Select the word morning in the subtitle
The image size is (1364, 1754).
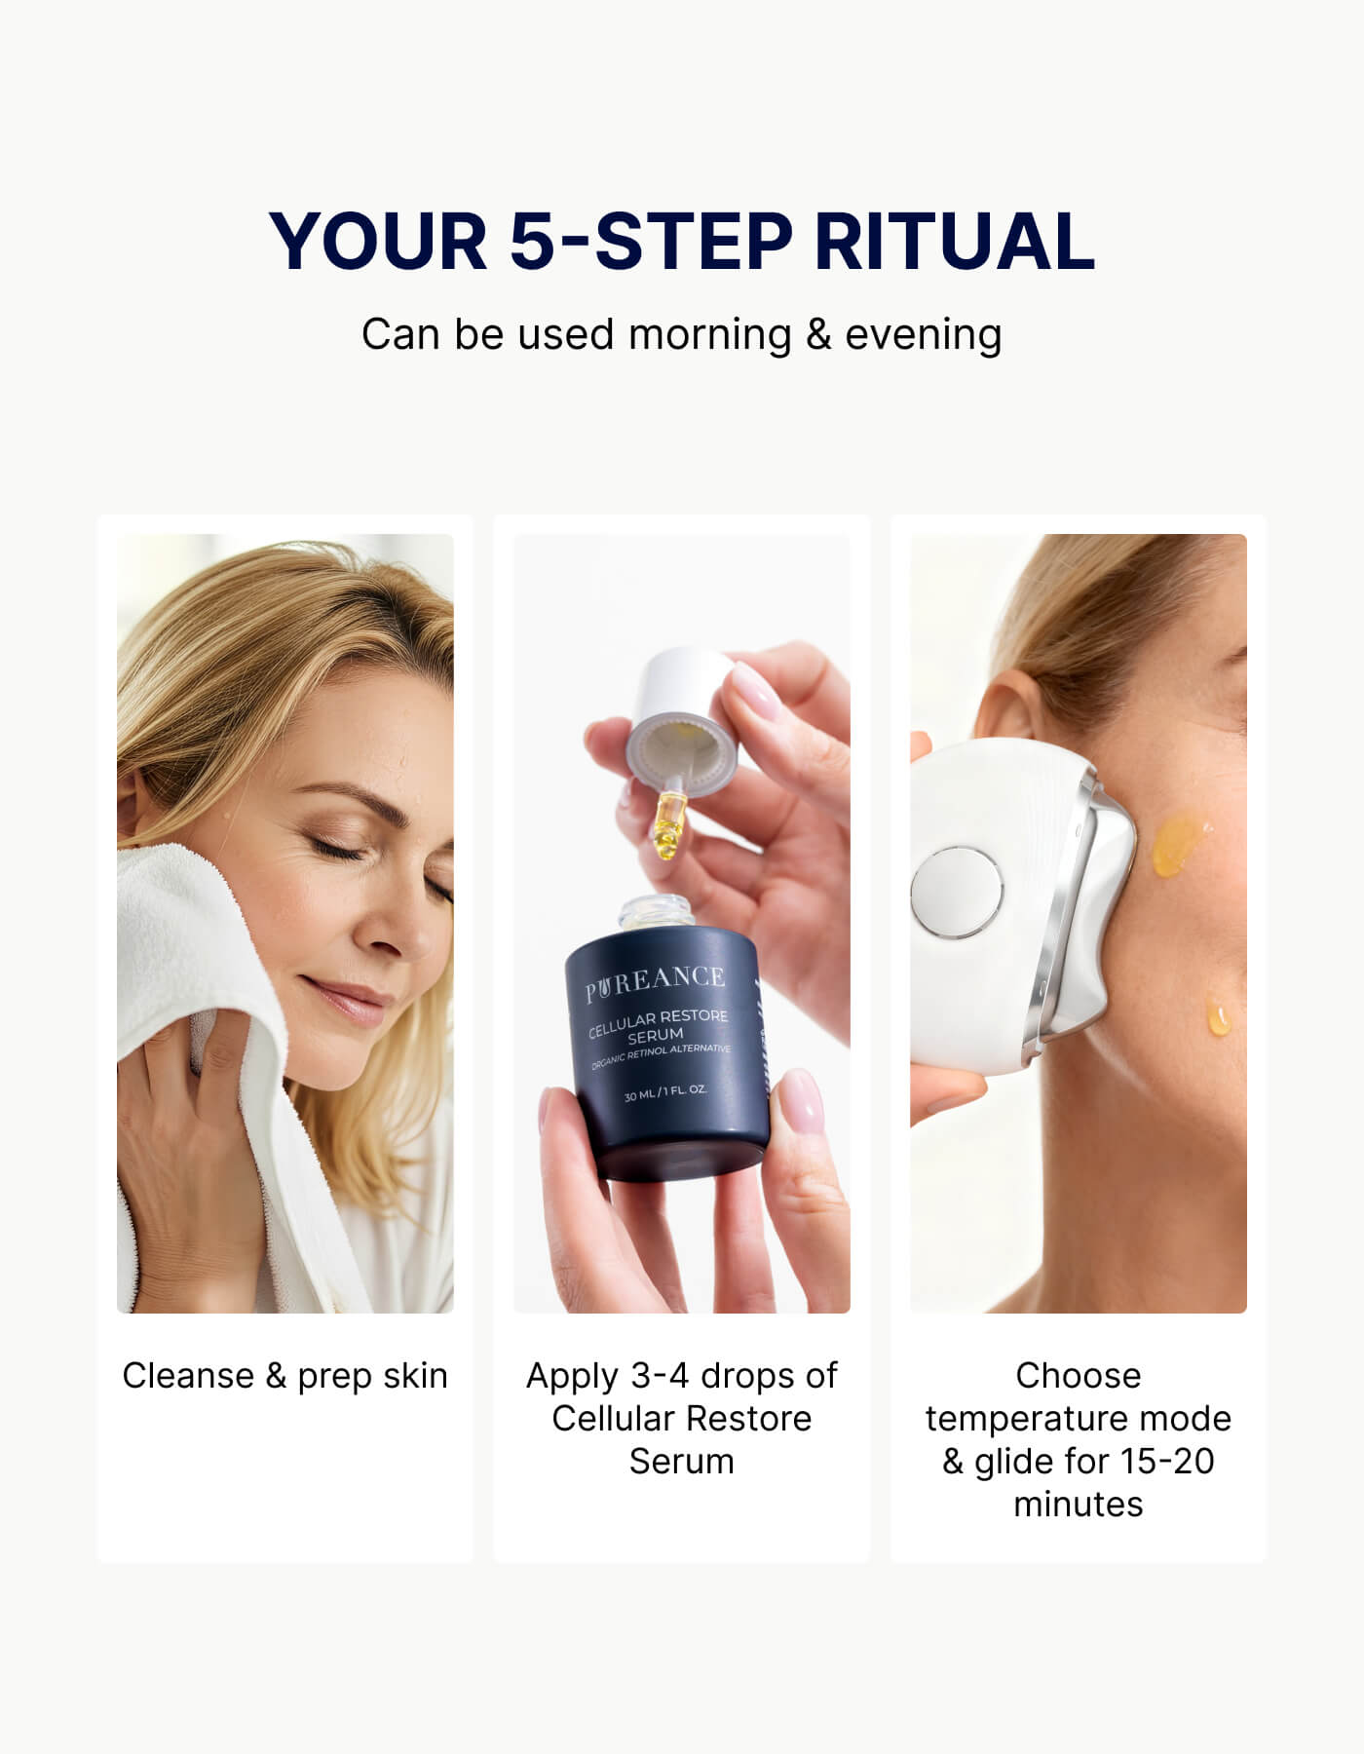click(x=709, y=334)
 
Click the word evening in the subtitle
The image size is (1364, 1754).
click(x=923, y=334)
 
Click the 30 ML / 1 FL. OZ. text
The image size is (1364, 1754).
click(x=665, y=1092)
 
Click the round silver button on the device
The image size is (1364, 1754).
click(x=956, y=892)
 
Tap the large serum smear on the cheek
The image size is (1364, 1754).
click(x=1180, y=842)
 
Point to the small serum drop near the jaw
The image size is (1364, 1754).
click(x=1218, y=1017)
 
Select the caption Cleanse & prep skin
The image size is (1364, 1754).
click(x=284, y=1376)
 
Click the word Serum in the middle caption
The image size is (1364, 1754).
click(x=681, y=1462)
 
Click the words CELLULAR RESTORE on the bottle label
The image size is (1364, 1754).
click(x=658, y=1021)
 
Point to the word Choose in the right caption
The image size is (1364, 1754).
click(x=1078, y=1376)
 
